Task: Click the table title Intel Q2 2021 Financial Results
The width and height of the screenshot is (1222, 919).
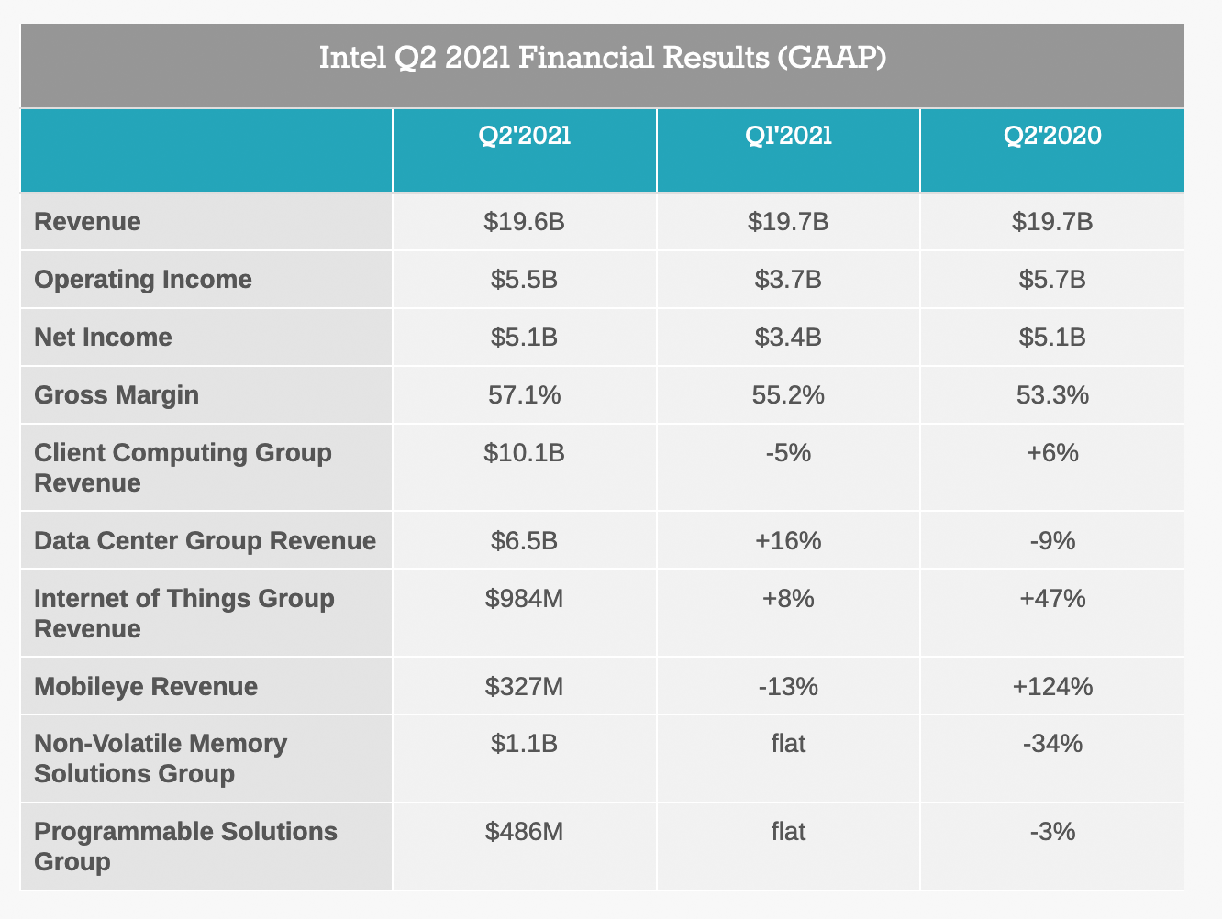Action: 603,58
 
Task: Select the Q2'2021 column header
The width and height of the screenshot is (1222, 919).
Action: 525,136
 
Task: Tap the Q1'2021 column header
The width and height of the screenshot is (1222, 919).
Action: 788,136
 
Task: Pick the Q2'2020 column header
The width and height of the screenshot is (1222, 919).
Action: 1052,136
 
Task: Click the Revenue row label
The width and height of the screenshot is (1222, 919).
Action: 88,222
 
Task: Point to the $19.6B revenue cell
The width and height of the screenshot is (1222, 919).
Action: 525,222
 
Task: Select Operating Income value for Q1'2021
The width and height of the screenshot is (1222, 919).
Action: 788,280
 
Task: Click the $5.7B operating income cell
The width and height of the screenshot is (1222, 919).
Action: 1052,280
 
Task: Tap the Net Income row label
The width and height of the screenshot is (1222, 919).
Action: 103,338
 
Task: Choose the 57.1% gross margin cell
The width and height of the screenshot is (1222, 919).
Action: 525,395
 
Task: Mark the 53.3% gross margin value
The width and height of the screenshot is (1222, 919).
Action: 1052,395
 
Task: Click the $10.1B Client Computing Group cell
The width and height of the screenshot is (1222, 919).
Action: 525,453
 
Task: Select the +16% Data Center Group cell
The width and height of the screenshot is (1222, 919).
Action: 788,541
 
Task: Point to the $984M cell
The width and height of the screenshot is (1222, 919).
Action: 525,599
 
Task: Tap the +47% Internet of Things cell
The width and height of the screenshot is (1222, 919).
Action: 1052,599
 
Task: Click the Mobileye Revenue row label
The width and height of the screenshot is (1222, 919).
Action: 146,687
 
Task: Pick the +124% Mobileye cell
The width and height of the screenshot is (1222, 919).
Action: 1052,687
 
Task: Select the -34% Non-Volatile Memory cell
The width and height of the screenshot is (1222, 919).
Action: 1052,743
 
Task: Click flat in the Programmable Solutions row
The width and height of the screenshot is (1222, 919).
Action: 788,832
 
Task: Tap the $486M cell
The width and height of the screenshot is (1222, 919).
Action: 525,832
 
